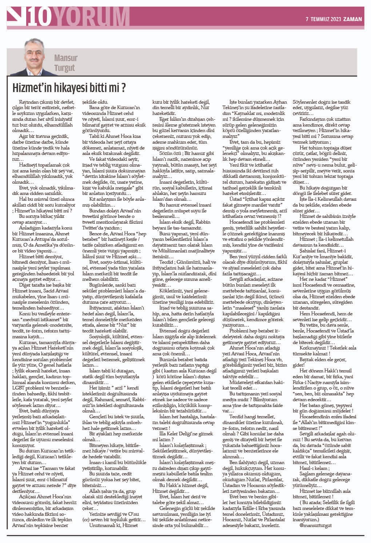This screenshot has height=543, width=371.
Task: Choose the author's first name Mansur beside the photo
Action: pyautogui.click(x=66, y=57)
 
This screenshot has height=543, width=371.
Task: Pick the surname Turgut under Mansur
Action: pyautogui.click(x=64, y=68)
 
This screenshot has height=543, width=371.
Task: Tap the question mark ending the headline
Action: pyautogui.click(x=124, y=88)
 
